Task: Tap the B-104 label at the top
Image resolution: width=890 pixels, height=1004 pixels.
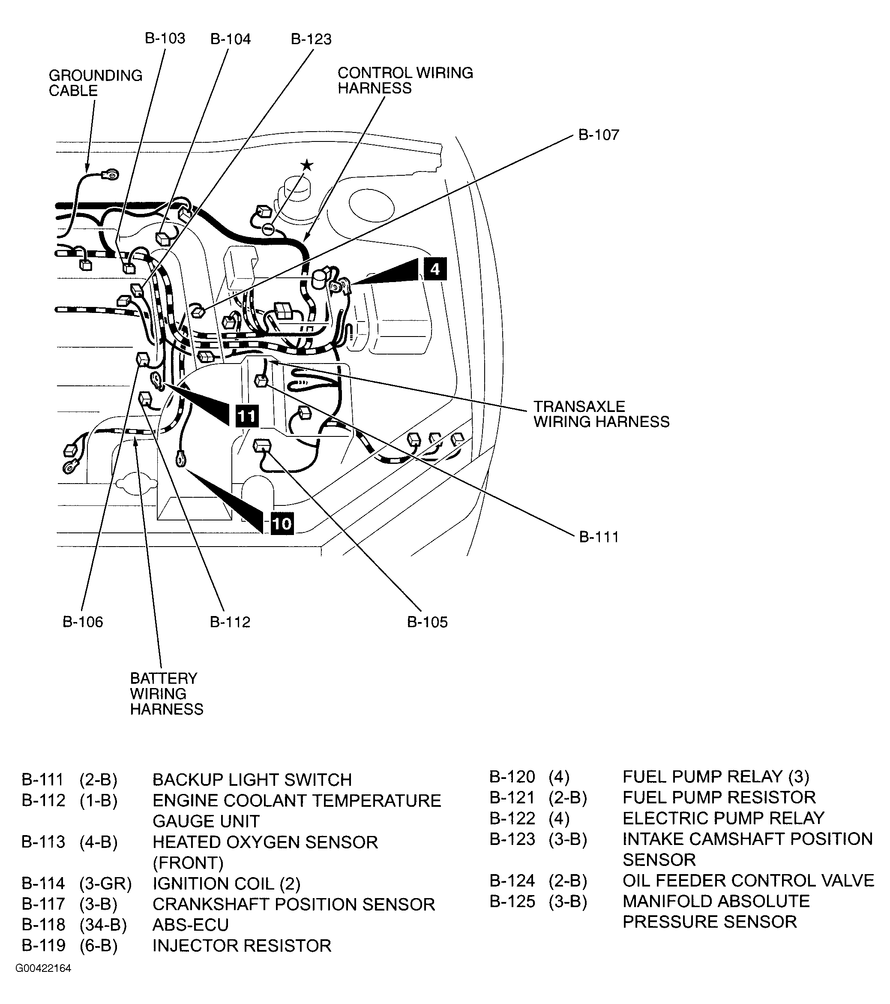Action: point(230,39)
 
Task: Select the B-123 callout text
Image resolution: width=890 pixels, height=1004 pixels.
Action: point(311,39)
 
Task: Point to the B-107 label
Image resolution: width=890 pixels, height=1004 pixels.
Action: point(599,135)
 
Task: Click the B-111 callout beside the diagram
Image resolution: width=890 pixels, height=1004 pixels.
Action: point(599,537)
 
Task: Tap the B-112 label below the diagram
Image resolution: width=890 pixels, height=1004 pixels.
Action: point(230,622)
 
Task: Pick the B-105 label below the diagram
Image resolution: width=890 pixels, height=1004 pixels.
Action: point(427,622)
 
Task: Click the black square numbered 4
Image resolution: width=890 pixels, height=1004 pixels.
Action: point(435,269)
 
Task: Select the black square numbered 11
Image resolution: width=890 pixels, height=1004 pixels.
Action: point(246,416)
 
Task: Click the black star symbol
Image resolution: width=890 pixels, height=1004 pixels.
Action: point(307,165)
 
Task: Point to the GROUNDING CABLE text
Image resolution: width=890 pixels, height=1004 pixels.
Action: point(95,83)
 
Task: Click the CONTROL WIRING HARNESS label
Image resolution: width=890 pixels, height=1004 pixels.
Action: point(405,80)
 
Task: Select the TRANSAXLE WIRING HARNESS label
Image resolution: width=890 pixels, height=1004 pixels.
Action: point(601,414)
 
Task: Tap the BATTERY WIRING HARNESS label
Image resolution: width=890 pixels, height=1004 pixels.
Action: point(166,694)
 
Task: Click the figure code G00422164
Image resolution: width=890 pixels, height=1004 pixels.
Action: point(43,968)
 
